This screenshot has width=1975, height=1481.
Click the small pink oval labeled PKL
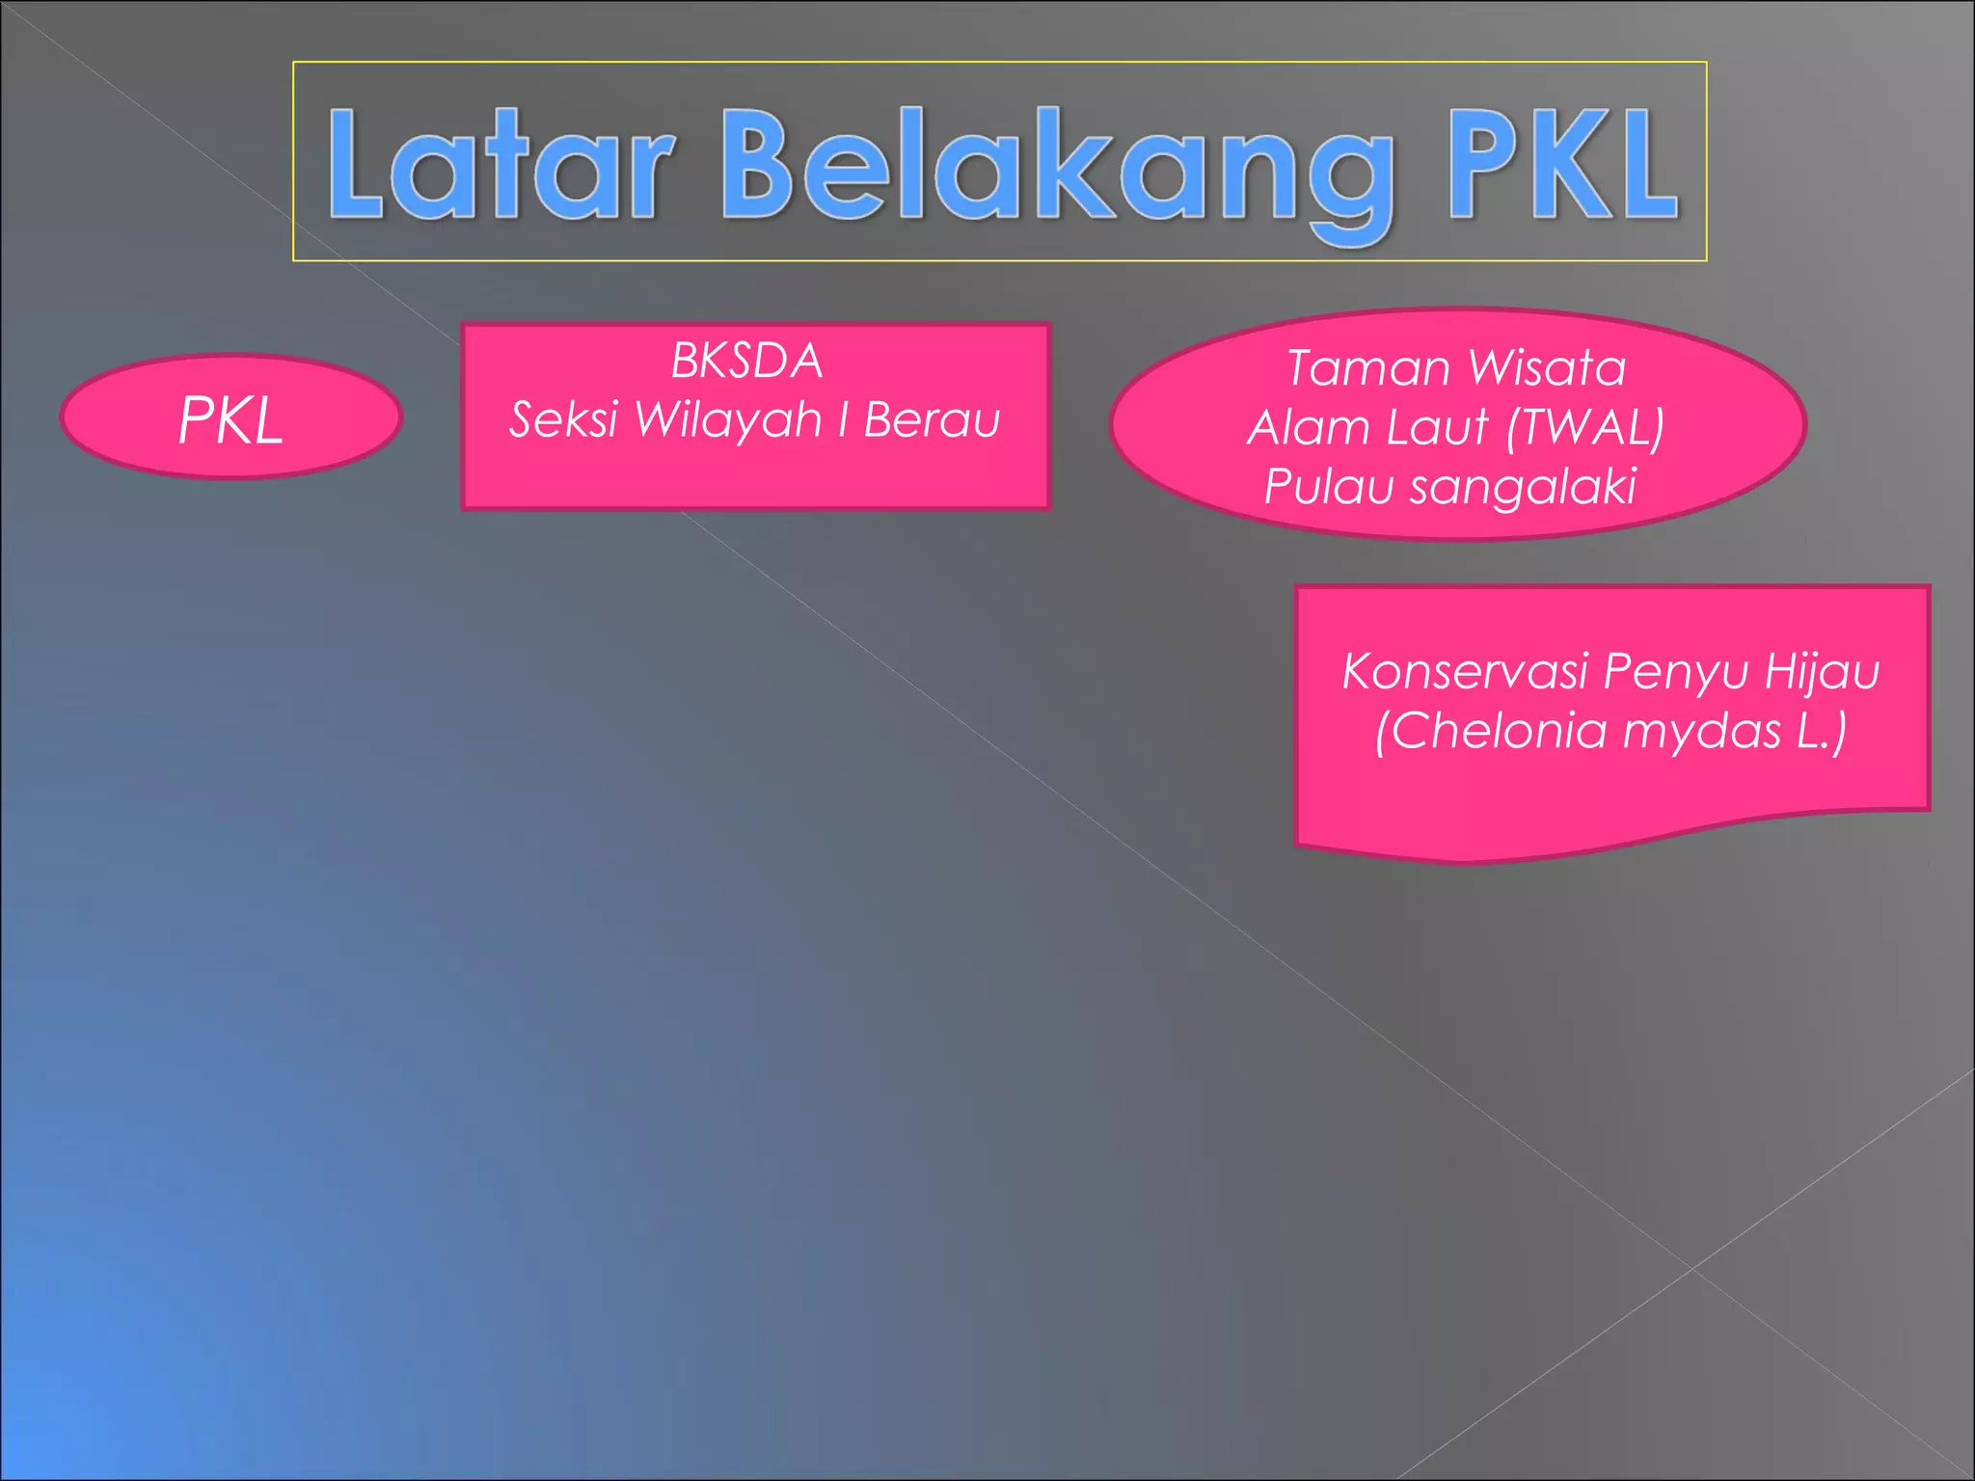(x=230, y=417)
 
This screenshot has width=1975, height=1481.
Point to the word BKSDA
(x=746, y=362)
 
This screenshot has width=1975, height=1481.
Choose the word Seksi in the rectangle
(x=563, y=419)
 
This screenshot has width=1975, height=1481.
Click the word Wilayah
(x=728, y=421)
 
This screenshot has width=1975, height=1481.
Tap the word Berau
(x=932, y=419)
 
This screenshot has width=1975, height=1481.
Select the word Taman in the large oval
(x=1368, y=368)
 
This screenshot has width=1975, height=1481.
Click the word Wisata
(x=1547, y=368)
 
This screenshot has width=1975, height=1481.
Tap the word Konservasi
(x=1465, y=671)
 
